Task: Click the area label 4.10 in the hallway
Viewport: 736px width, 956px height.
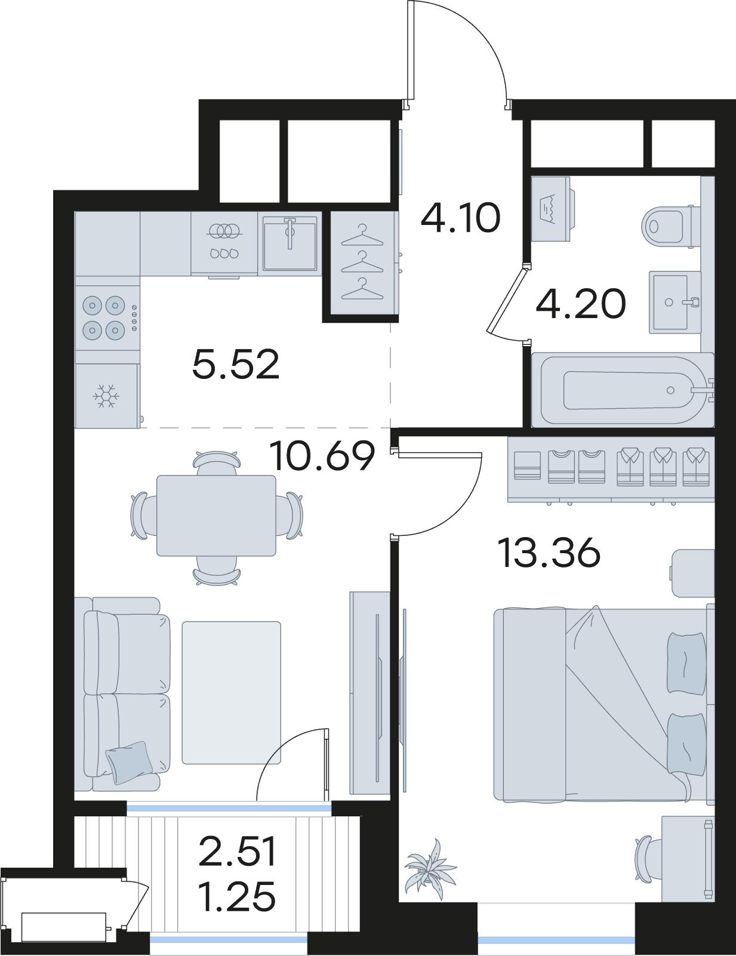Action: [x=461, y=218]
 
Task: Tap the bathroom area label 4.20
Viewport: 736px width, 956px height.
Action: [x=581, y=304]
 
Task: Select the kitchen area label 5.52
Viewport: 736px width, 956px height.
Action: [x=236, y=364]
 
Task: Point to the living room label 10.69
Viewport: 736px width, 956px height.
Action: [x=323, y=457]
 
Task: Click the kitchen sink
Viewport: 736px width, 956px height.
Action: [x=290, y=243]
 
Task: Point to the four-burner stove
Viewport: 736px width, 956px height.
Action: [x=108, y=316]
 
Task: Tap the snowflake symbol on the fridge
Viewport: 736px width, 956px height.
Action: [x=106, y=396]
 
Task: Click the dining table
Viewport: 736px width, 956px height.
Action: [x=217, y=515]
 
